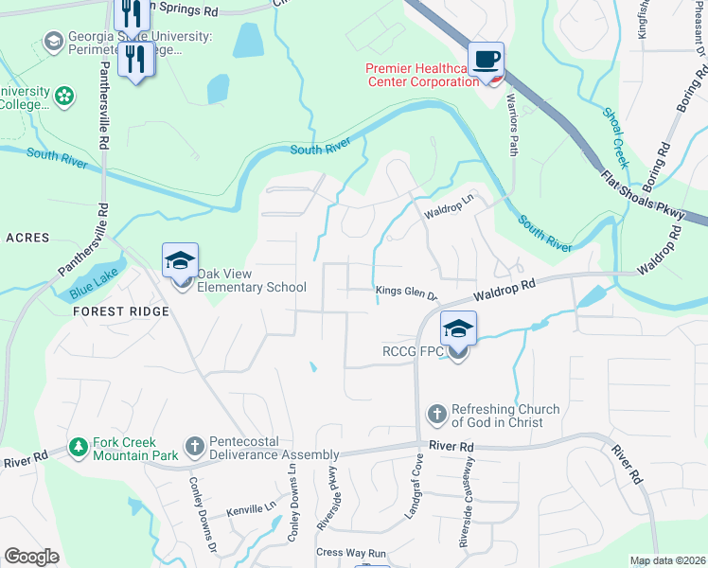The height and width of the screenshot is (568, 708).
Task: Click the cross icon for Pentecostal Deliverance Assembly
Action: (194, 445)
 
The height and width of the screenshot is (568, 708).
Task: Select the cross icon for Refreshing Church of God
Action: (436, 414)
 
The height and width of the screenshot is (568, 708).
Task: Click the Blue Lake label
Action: (92, 284)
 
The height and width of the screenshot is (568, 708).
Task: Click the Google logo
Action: (32, 557)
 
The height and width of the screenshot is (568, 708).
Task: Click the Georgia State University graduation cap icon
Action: (53, 42)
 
